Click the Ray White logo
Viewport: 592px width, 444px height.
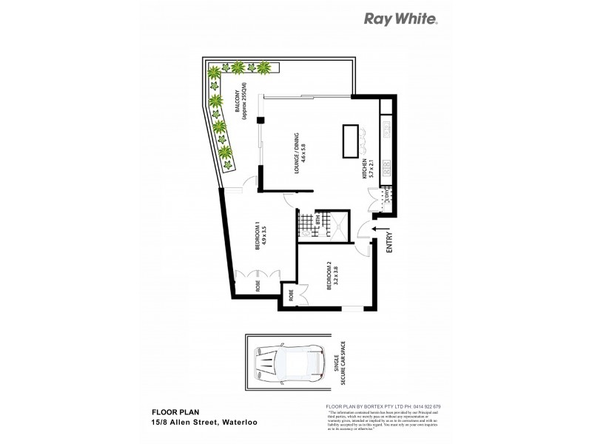coord(401,19)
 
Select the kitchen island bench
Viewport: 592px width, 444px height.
coord(349,141)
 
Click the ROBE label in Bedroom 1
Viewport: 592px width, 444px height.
coord(258,285)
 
